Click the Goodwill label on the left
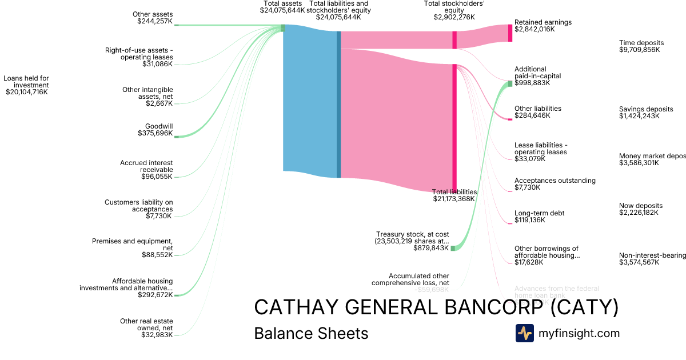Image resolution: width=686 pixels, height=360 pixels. (x=159, y=126)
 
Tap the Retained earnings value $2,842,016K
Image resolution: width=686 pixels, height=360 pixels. (x=535, y=29)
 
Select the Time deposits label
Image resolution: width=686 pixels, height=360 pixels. (x=641, y=43)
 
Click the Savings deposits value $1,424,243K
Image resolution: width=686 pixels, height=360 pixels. (x=639, y=116)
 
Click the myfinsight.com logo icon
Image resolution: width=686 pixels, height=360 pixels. (x=524, y=333)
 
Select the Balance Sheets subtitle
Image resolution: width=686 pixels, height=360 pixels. (x=311, y=333)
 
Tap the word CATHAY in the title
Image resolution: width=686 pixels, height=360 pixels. (x=298, y=307)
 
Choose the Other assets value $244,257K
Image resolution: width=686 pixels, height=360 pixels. (x=155, y=21)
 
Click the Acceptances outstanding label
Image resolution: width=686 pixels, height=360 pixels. (x=555, y=181)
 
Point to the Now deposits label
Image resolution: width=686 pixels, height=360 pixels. (x=641, y=206)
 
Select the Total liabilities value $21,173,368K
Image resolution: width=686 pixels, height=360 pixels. (x=454, y=199)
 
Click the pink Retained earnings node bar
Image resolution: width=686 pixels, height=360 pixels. (x=510, y=33)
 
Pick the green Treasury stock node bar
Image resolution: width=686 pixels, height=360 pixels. (x=453, y=249)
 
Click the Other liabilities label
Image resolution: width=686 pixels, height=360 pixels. (x=537, y=109)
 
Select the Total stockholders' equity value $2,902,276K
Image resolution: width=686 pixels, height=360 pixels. (x=454, y=17)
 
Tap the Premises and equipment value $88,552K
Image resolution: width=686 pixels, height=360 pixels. (x=157, y=255)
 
